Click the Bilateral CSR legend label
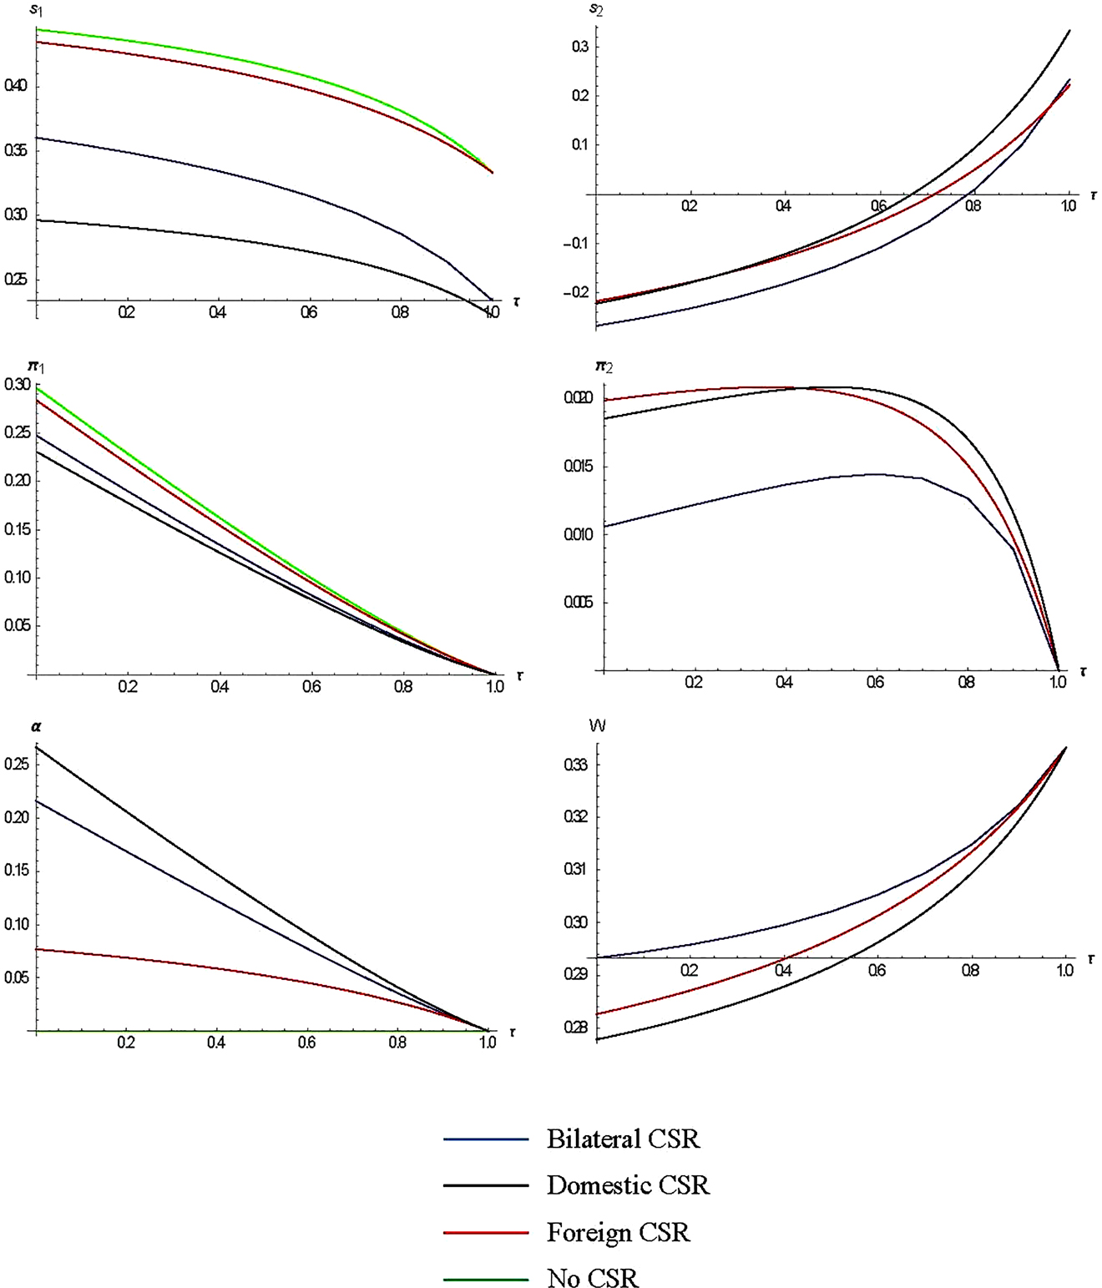click(623, 1139)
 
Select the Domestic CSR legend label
click(628, 1185)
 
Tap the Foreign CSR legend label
click(618, 1233)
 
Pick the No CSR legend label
click(592, 1279)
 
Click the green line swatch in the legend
click(486, 1279)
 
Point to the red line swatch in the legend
click(486, 1233)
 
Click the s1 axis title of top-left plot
click(36, 11)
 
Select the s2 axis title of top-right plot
click(595, 10)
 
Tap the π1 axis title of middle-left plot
click(37, 366)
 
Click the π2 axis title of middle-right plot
click(604, 366)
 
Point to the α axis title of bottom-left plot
click(36, 727)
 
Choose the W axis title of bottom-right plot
click(597, 726)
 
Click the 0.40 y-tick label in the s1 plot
click(16, 86)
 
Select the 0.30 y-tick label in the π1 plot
click(17, 385)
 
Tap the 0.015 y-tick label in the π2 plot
click(579, 467)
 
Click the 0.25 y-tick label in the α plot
click(17, 764)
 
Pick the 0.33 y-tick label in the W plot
click(576, 765)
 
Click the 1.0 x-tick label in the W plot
click(1064, 971)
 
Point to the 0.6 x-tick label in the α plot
click(306, 1043)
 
